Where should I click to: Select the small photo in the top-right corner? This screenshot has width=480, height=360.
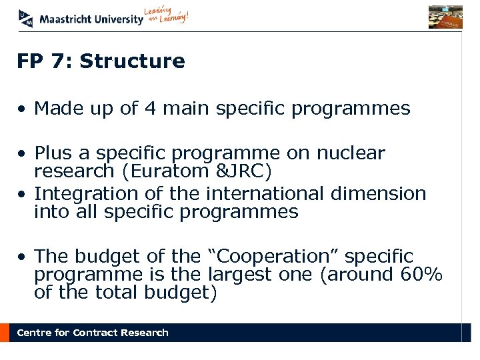[445, 17]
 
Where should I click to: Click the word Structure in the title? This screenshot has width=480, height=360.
[132, 61]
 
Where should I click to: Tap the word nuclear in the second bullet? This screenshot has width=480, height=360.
[351, 153]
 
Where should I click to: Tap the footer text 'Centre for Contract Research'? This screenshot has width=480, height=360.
[93, 333]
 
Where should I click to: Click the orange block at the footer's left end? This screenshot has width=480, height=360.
[5, 333]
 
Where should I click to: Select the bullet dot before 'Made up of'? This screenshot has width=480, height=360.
[22, 109]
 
